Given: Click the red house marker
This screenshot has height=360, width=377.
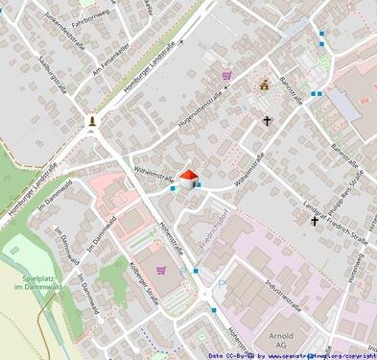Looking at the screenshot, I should (x=188, y=177).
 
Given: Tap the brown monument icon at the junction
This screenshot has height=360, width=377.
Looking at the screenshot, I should (x=92, y=121).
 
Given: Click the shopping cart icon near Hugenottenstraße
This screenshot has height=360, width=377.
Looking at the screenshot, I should (x=226, y=75).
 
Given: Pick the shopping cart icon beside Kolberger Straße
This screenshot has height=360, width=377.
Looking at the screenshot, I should (x=160, y=270).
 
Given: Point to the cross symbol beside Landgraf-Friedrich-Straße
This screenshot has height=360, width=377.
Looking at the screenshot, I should (x=314, y=221).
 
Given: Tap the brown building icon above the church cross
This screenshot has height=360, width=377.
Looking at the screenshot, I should (x=265, y=84).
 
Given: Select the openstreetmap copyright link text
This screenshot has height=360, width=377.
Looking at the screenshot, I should (x=321, y=354).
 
